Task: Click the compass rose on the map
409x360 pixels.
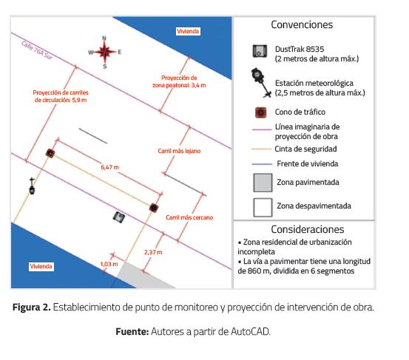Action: tap(104, 52)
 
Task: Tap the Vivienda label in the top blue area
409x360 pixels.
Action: tap(188, 31)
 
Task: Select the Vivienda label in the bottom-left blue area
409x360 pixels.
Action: tap(41, 266)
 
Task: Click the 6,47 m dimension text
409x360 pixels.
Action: tap(109, 167)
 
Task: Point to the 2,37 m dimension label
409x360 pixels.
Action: tap(153, 252)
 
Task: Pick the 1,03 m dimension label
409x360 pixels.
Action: tap(109, 264)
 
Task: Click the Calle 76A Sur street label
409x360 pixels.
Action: tap(37, 50)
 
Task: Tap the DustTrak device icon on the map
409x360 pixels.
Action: tap(119, 217)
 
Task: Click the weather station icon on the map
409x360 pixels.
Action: tap(32, 186)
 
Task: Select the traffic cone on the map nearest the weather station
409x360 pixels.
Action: tap(50, 153)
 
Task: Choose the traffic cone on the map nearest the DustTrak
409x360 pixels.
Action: tap(154, 208)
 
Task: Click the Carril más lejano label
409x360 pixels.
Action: tap(179, 151)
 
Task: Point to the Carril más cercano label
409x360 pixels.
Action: tap(189, 217)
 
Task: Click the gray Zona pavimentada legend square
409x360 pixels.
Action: tap(263, 183)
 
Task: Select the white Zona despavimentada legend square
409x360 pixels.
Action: tap(263, 208)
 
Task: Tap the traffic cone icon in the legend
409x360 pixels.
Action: tap(261, 112)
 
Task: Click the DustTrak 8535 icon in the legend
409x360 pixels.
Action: tap(260, 51)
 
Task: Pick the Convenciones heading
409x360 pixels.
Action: tap(302, 25)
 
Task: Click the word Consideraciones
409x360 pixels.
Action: tap(308, 229)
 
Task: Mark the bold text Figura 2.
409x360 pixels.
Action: tap(32, 307)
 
